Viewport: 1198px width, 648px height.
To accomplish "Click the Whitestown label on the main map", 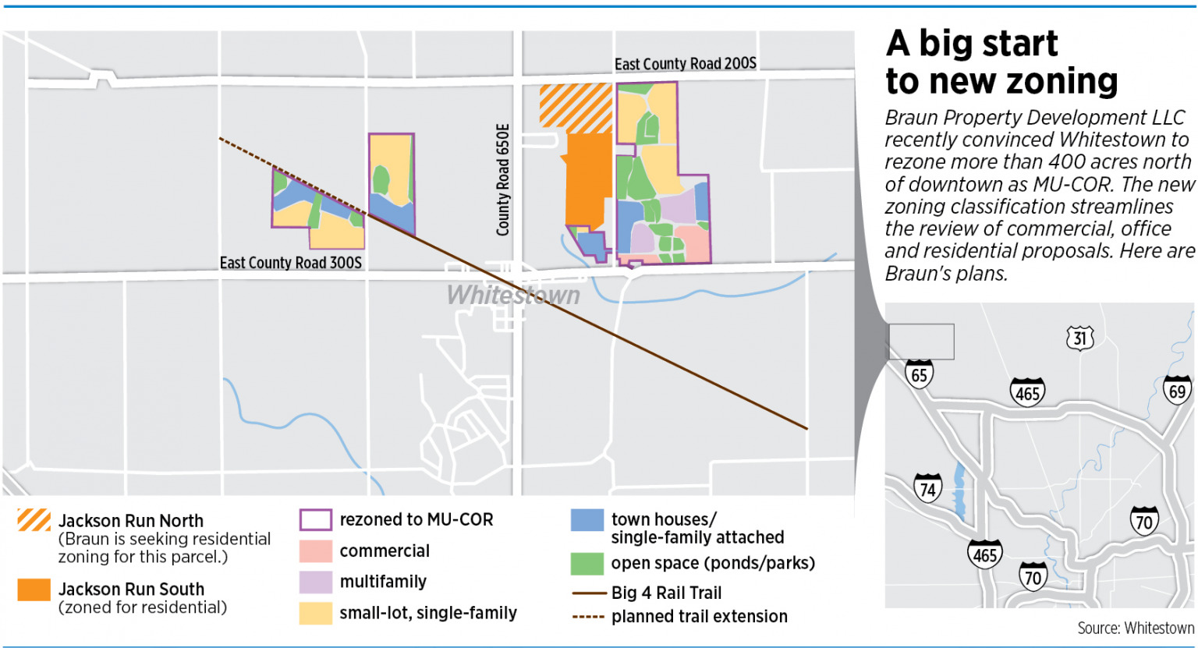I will (513, 296).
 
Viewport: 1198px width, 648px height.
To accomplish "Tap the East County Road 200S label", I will (685, 64).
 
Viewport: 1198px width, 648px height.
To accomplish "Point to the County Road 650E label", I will (503, 180).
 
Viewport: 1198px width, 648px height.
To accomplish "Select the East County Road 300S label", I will (290, 263).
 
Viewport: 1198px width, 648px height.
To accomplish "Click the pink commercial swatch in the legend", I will (315, 551).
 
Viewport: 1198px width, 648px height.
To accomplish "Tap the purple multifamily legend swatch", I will (315, 582).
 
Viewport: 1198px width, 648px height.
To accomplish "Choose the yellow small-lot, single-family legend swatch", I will (315, 613).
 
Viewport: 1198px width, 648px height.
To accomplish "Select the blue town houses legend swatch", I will (587, 520).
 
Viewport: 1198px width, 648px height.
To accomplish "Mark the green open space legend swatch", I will (587, 563).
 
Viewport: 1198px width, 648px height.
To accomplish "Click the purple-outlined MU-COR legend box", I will (315, 520).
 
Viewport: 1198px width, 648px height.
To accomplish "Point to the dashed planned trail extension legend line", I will (588, 617).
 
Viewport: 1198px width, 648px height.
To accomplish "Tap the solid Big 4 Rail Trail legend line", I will (588, 593).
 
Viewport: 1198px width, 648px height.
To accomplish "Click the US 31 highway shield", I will (1079, 338).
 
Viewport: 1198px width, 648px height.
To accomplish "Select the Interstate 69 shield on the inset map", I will (1177, 389).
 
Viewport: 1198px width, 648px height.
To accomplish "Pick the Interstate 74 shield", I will (927, 488).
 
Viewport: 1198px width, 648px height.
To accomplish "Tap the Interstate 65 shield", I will (919, 374).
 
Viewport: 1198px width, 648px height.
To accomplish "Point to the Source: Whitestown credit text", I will (1135, 629).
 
